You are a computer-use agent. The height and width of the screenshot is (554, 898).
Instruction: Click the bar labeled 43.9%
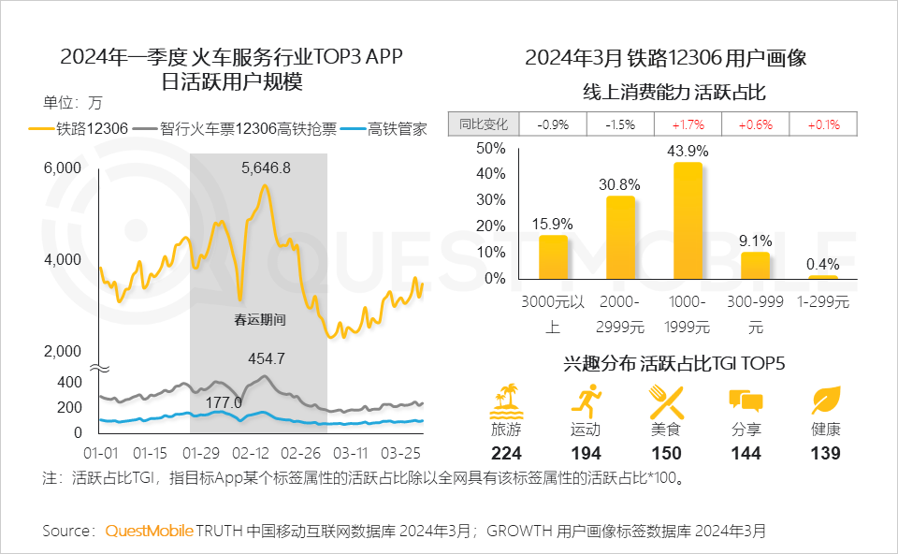click(x=688, y=221)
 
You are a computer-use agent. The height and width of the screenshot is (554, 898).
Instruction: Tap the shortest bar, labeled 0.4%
click(x=822, y=277)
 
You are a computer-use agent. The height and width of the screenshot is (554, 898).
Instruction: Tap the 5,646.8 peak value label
click(x=266, y=168)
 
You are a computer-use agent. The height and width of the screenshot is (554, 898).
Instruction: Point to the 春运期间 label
click(x=259, y=319)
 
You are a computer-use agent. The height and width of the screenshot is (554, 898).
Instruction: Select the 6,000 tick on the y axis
click(x=64, y=168)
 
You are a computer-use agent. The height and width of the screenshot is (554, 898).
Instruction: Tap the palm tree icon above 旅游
click(x=506, y=401)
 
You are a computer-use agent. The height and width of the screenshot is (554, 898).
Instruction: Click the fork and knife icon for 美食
click(x=667, y=401)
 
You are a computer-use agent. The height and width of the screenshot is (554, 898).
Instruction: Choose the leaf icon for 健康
click(x=826, y=401)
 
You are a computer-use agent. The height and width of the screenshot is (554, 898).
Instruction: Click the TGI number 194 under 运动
click(x=586, y=453)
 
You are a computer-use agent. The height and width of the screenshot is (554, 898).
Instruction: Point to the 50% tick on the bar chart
click(x=490, y=148)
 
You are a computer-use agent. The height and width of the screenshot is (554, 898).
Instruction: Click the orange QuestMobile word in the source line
click(x=149, y=531)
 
